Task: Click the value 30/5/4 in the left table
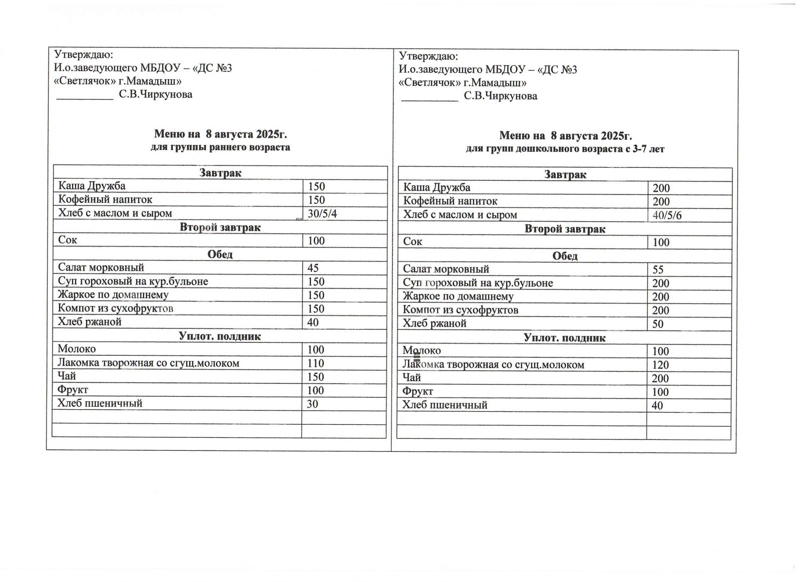coord(322,214)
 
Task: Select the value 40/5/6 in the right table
coord(667,216)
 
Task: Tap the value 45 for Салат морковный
coord(313,268)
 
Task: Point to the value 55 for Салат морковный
coord(658,270)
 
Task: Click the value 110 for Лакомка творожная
coord(316,364)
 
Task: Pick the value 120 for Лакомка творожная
coord(660,365)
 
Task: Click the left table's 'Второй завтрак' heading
coord(220,227)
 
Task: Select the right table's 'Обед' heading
coord(565,256)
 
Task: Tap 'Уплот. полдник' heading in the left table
coord(220,336)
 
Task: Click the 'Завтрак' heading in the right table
coord(565,175)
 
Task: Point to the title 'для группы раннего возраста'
coord(220,147)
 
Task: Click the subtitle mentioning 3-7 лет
coord(565,149)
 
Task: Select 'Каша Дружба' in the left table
coord(92,186)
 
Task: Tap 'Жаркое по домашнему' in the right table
coord(458,296)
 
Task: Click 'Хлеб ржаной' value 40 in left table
coord(313,323)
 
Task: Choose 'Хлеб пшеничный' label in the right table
coord(445,405)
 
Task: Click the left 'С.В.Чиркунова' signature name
coord(155,94)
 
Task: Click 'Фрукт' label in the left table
coord(73,390)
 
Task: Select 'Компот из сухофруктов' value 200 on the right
coord(660,311)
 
